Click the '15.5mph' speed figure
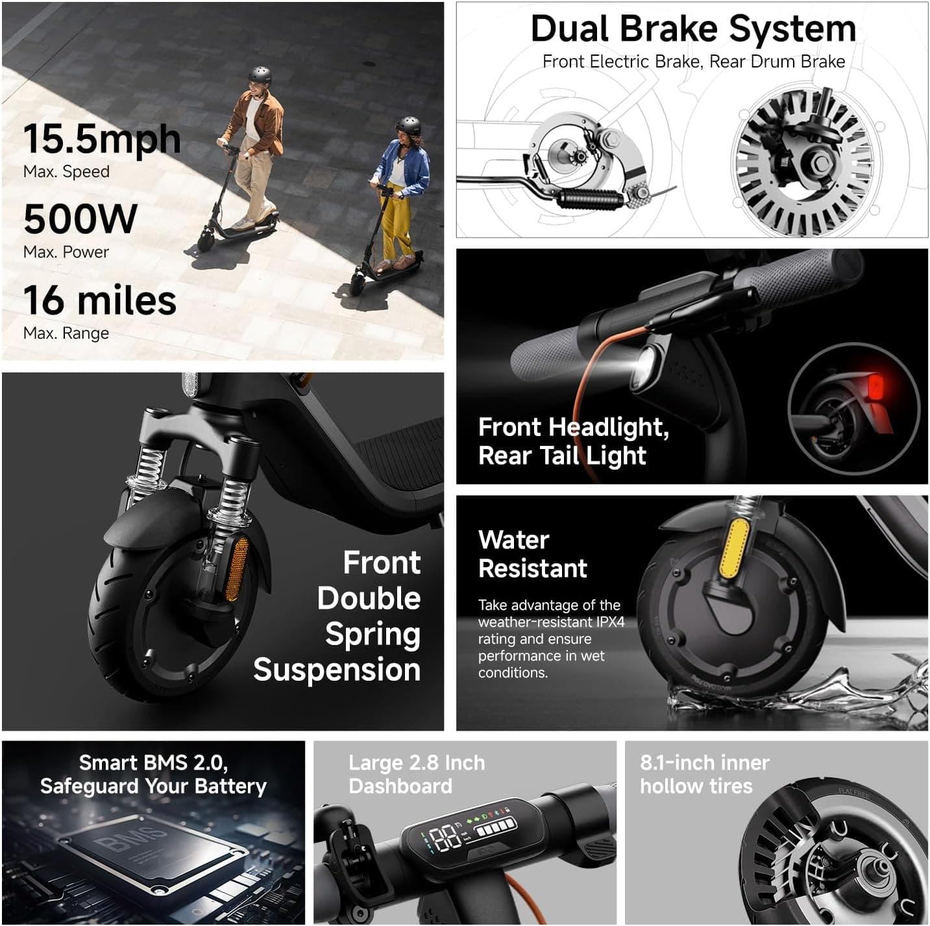[102, 139]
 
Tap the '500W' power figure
[80, 219]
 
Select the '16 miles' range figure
[100, 300]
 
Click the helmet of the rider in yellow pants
[408, 125]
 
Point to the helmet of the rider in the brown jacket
[260, 74]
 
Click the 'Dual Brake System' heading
[693, 29]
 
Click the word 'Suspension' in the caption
[337, 670]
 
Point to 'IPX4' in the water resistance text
[610, 622]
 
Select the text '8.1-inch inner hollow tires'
[704, 774]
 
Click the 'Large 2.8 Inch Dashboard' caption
[416, 774]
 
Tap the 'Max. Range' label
[66, 334]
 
